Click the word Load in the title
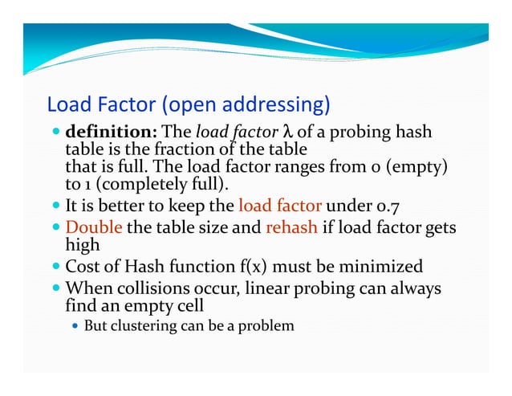point(67,104)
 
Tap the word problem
point(269,326)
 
